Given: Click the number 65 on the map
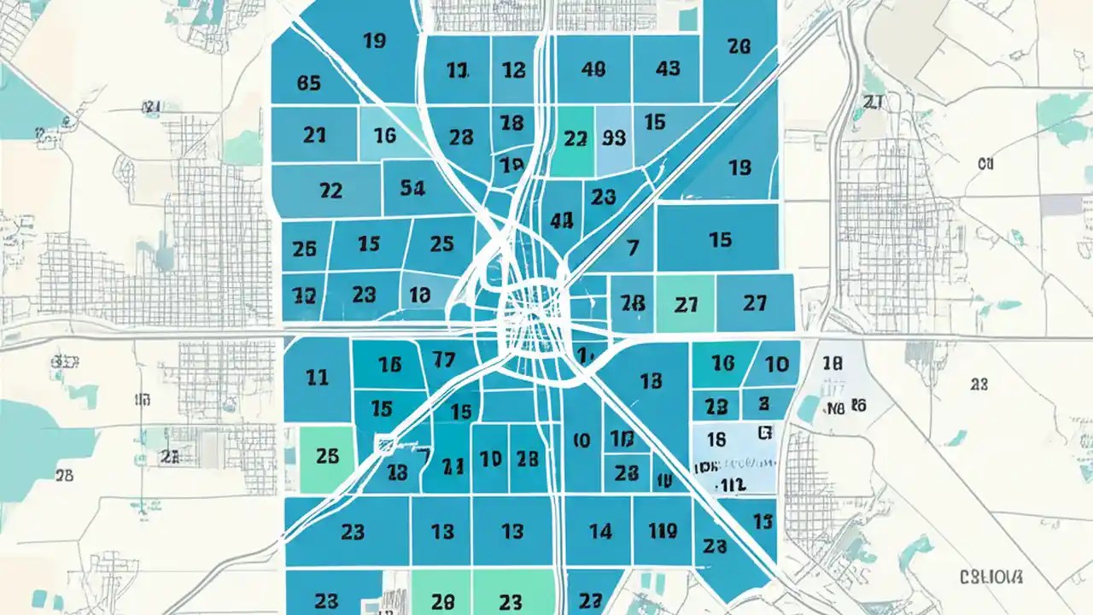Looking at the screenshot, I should (x=308, y=83).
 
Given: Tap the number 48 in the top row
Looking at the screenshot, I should (x=593, y=70).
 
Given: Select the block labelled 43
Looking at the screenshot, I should (x=669, y=70).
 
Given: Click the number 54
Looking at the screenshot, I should (x=412, y=188).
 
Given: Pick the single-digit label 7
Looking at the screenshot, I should (x=633, y=248).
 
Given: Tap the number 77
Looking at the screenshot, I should (x=444, y=360).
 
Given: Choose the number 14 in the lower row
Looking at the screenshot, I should (x=600, y=531).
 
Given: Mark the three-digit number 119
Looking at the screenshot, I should (x=662, y=531).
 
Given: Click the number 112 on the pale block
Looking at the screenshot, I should (x=731, y=484).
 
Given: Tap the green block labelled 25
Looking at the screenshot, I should (x=327, y=456).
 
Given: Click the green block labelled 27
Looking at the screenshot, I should (x=686, y=303).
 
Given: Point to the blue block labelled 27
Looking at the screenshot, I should (x=755, y=302).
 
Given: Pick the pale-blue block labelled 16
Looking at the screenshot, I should (x=384, y=135).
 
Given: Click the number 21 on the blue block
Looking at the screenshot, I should (x=314, y=135).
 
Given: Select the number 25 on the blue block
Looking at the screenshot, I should (x=441, y=244).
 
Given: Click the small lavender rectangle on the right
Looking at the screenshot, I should (x=1061, y=205).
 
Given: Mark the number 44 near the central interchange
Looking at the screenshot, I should (x=561, y=220).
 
